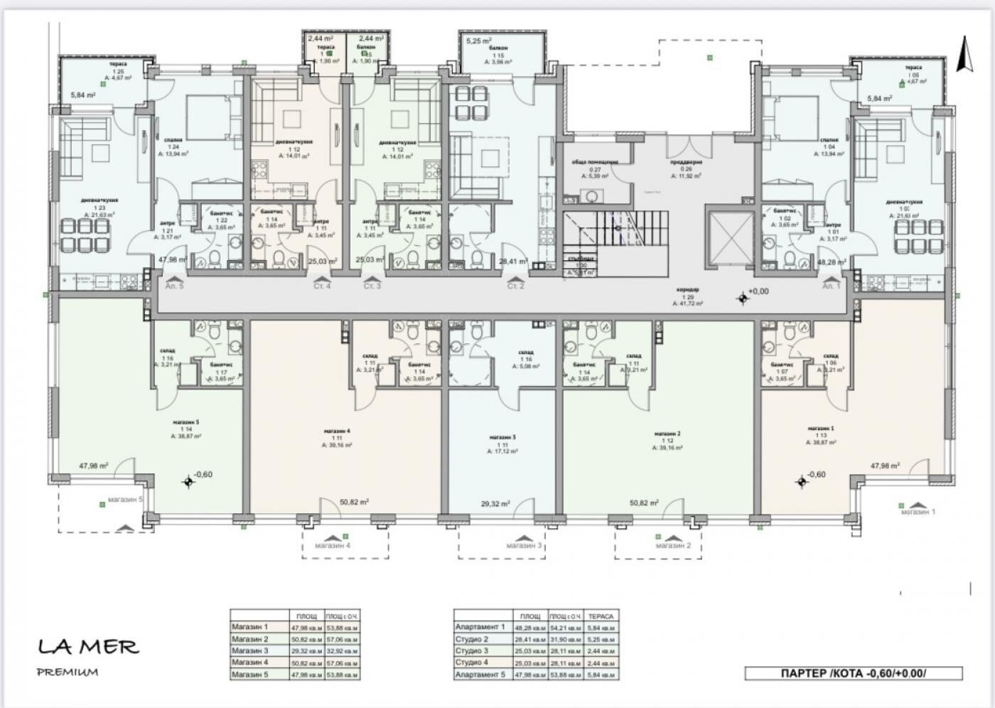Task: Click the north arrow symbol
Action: [964, 54]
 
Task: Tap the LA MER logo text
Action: [88, 647]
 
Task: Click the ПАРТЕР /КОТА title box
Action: [854, 673]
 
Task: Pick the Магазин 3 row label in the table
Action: [250, 650]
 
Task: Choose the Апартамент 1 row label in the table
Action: [480, 627]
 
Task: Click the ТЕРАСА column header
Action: [601, 616]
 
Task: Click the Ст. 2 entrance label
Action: [516, 286]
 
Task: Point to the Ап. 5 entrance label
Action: [174, 286]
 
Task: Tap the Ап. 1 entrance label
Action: [831, 286]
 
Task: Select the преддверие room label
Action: [686, 161]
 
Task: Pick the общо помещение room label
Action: [595, 161]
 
